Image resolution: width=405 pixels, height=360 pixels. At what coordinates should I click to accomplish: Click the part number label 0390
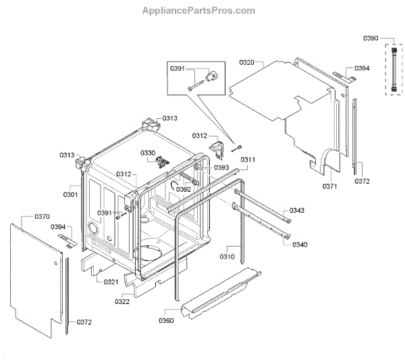point(372,40)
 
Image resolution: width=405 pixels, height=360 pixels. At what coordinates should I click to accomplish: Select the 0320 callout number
point(246,62)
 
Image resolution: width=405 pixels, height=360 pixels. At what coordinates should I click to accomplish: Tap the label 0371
point(329,186)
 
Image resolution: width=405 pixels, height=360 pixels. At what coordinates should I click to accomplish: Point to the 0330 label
point(148,153)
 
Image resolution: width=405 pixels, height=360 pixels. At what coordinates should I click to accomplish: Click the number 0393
point(222,168)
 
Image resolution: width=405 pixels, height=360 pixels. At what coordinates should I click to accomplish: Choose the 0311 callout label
point(248,160)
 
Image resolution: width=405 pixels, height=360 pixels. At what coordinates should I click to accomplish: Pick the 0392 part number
point(184,190)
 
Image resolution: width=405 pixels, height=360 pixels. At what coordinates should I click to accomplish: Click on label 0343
point(297,211)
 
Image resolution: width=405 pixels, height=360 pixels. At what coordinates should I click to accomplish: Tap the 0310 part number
point(227,257)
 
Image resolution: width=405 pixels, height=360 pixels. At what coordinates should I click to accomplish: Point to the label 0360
point(167,321)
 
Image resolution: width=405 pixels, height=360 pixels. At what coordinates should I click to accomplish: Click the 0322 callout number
point(122,301)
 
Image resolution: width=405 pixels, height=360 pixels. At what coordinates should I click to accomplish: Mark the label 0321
point(111,282)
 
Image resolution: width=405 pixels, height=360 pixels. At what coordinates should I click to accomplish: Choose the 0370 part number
point(42,217)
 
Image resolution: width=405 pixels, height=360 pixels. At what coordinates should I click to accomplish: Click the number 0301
point(71,195)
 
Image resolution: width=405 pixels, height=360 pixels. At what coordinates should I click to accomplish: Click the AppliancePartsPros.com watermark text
point(199,11)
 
